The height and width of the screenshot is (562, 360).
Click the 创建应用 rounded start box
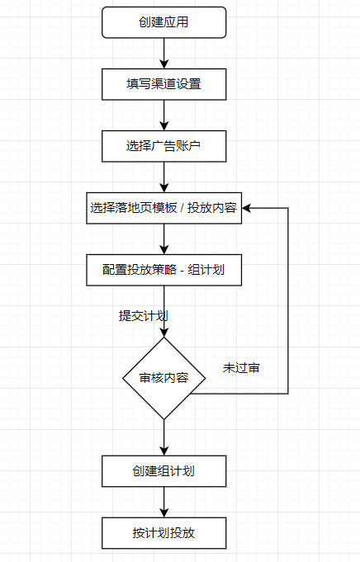(163, 22)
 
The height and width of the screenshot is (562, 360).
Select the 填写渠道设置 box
(163, 84)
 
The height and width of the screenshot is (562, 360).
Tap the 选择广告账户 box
(163, 146)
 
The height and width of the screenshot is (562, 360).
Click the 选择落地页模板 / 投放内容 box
(163, 208)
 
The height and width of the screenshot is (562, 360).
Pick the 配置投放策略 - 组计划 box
(163, 270)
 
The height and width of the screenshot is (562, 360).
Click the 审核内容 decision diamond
(163, 378)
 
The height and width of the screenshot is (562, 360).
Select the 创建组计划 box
(163, 471)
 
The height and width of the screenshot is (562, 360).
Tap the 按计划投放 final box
(163, 533)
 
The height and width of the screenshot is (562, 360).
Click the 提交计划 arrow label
(143, 316)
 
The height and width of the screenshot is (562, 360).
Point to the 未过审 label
(241, 368)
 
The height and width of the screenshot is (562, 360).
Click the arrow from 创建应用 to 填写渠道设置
(163, 54)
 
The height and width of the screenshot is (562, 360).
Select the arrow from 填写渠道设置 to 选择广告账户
(163, 116)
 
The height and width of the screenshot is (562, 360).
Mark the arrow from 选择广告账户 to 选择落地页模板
(163, 177)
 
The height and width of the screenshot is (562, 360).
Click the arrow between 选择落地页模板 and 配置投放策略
(163, 239)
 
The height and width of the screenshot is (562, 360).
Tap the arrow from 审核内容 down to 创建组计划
(163, 437)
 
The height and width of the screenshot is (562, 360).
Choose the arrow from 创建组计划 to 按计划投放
(163, 502)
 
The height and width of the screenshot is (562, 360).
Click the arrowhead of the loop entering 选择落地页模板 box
(246, 208)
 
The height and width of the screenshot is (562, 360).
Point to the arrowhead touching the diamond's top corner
(163, 333)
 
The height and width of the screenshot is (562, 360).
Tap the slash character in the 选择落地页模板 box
(182, 208)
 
